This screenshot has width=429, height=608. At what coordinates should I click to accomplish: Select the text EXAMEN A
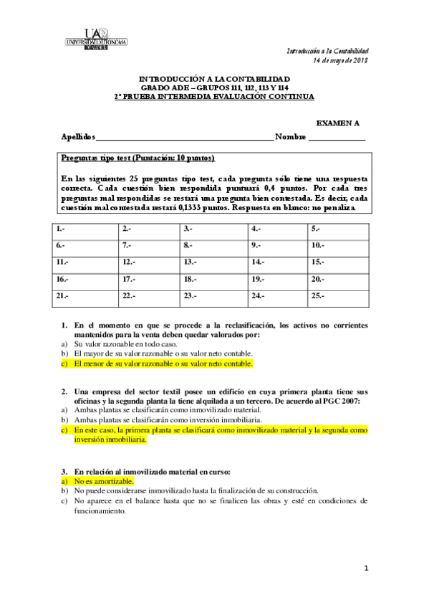click(x=338, y=123)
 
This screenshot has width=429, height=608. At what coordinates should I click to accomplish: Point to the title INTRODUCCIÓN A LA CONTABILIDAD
click(x=214, y=78)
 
